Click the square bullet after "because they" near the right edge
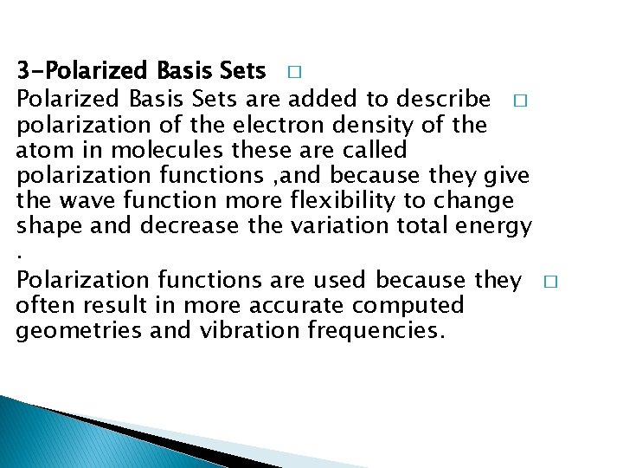(553, 282)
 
